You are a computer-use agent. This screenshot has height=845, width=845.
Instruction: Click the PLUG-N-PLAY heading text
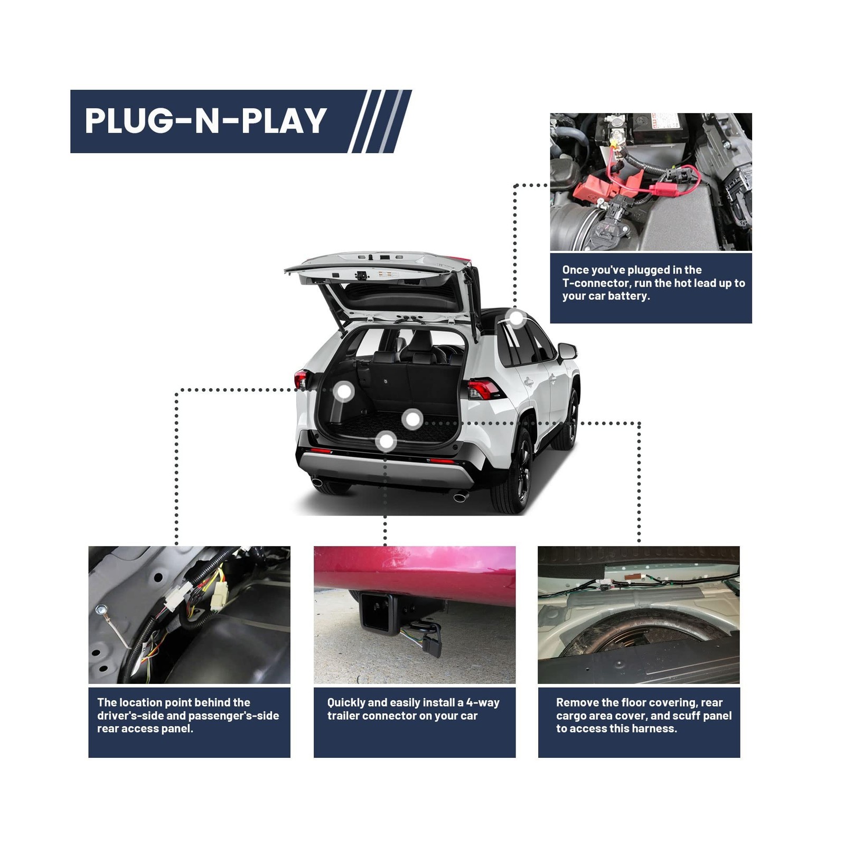(206, 121)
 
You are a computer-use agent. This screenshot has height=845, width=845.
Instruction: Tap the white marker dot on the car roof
(515, 318)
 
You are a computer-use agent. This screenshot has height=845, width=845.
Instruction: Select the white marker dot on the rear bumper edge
(387, 442)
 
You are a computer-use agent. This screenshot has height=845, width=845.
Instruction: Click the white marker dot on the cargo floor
(412, 420)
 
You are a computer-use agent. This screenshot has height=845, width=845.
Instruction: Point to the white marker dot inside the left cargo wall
(344, 392)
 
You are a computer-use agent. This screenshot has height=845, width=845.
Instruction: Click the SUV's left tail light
(301, 379)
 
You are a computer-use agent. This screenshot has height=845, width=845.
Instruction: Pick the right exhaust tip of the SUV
(461, 497)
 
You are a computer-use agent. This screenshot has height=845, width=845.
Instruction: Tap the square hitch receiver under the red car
(375, 613)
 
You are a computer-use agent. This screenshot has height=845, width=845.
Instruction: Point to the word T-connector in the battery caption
(596, 283)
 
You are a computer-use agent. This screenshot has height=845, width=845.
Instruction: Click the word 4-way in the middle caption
(483, 703)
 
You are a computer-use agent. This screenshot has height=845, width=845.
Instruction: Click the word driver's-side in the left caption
(130, 716)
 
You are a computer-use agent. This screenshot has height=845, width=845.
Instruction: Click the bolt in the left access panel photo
(100, 611)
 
